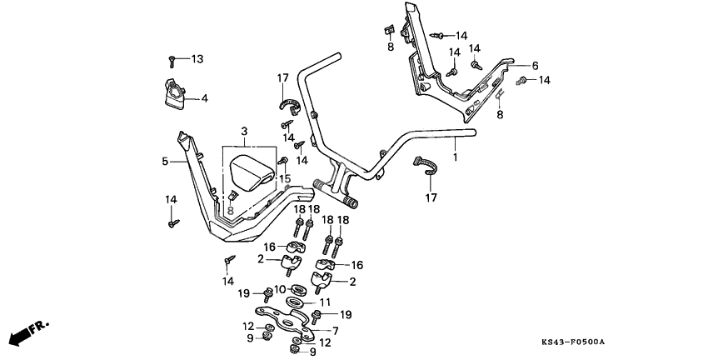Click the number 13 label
(197, 58)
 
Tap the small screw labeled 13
(172, 61)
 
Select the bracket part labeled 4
(174, 95)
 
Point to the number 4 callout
(205, 98)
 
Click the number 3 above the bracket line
(244, 132)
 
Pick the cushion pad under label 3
(252, 173)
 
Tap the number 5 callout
(165, 161)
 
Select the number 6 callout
(535, 66)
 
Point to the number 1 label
(456, 157)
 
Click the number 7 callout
(335, 331)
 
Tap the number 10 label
(280, 288)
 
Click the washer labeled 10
(298, 287)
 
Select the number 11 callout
(325, 302)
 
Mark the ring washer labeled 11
(296, 302)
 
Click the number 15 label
(285, 179)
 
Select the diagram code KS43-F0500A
(573, 342)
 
